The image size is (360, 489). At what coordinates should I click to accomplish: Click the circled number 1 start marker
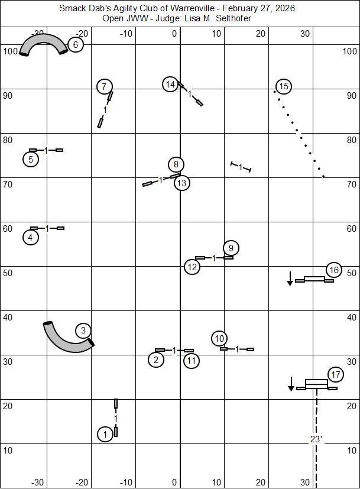point(105,435)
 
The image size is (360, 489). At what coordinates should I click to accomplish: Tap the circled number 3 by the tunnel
point(83,331)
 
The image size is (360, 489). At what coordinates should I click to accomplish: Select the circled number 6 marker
point(75,44)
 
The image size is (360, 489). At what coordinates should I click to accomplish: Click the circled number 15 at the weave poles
point(284,87)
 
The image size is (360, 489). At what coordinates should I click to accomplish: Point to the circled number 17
point(336,375)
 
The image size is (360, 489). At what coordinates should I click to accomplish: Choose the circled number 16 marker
point(334,270)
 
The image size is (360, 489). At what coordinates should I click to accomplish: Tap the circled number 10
point(219,339)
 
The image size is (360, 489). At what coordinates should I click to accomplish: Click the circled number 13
point(181,183)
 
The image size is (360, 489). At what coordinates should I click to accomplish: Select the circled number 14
point(170,85)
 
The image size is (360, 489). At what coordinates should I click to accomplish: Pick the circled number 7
point(105,87)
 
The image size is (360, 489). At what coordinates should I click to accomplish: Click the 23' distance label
point(316,439)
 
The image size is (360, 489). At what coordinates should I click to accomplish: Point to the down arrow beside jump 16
point(290,278)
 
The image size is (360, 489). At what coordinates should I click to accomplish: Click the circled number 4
point(31,238)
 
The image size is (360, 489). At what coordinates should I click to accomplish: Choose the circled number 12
point(192,267)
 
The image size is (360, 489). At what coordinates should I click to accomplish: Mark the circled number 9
point(231,248)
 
